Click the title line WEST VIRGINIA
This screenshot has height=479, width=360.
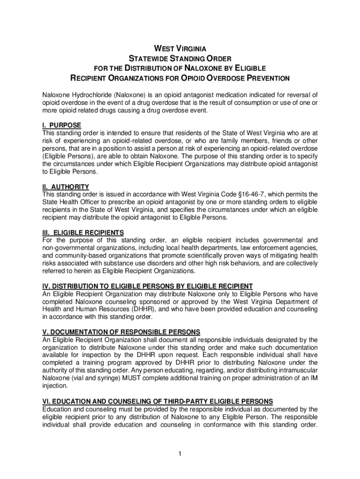[180, 49]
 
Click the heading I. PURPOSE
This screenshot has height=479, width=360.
[61, 125]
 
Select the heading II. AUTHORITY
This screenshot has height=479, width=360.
[65, 187]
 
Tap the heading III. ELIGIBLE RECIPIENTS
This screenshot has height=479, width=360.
[83, 232]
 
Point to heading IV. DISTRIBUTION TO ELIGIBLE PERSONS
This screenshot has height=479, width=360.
[147, 286]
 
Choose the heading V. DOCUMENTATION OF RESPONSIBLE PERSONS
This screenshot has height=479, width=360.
[121, 332]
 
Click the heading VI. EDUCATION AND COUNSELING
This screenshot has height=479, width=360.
[158, 402]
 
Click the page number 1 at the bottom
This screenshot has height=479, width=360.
[180, 454]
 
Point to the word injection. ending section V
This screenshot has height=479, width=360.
[55, 386]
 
